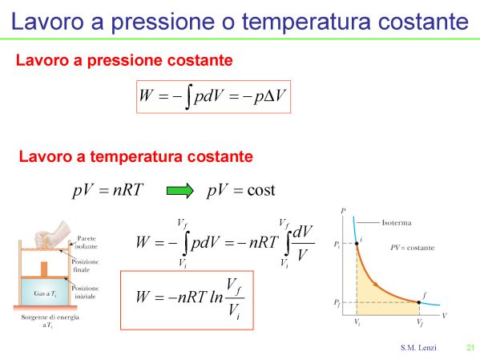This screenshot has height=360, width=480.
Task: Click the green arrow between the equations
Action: point(180,191)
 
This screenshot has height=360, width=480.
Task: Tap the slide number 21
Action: point(470,347)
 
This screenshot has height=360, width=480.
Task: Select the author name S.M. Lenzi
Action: point(418,348)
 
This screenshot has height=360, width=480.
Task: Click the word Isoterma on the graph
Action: point(397,223)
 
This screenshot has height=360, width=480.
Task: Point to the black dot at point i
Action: point(357,244)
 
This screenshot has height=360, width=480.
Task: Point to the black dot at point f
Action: point(419,302)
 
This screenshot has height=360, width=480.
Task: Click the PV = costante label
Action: point(413,248)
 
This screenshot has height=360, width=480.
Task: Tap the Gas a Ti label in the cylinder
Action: point(45,293)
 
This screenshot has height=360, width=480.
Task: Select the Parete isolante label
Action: point(87,242)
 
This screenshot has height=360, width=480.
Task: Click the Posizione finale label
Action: point(85,265)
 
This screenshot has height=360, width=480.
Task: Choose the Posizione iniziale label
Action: point(85,293)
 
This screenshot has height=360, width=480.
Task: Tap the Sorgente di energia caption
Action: point(50,321)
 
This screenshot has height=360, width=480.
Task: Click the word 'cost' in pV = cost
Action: point(261,190)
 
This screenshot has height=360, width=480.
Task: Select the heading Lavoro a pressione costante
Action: point(124,60)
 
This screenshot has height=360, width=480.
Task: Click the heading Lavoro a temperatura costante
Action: point(136,156)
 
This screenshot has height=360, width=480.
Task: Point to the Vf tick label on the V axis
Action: point(420,322)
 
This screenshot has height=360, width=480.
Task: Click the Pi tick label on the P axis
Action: point(337,245)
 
